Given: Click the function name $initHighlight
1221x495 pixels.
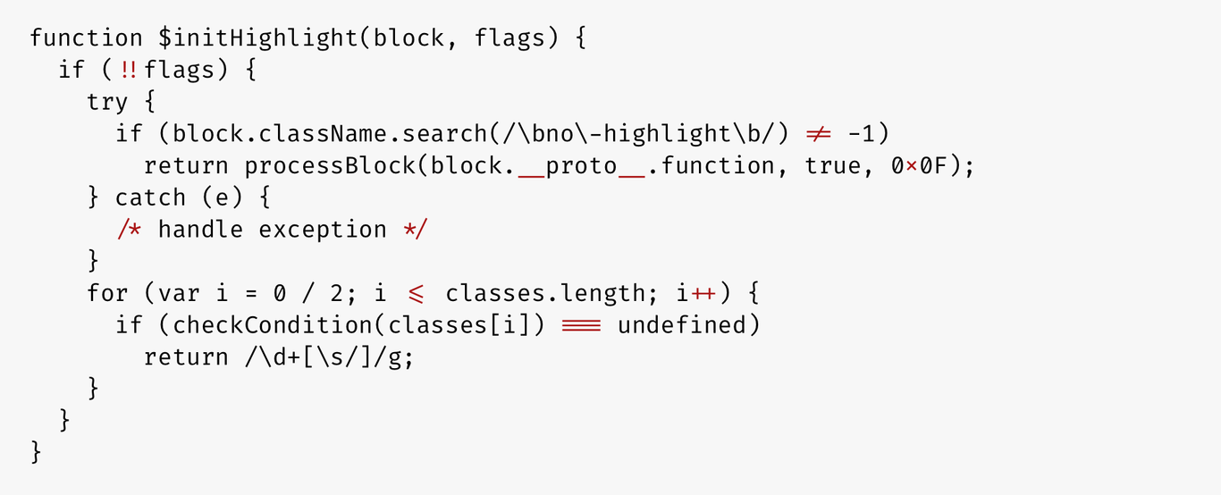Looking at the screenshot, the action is (x=257, y=38).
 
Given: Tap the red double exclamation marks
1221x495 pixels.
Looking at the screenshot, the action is (x=129, y=70).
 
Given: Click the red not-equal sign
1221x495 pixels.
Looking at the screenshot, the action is (x=818, y=134).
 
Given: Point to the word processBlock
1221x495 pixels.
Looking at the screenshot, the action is (x=329, y=165).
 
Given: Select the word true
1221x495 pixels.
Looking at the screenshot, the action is (x=832, y=165).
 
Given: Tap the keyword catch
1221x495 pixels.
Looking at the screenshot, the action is (x=150, y=197).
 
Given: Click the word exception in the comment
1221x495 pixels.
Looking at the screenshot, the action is (x=322, y=230).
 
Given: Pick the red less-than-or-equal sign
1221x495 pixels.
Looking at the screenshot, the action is (x=416, y=294).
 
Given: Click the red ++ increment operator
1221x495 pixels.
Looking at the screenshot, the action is (x=703, y=294).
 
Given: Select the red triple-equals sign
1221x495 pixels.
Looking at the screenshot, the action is (x=581, y=325).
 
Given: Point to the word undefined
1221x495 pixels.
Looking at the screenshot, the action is (x=682, y=325).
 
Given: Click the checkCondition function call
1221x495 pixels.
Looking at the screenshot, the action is (x=272, y=325).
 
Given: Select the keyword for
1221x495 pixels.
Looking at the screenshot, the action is (x=107, y=293).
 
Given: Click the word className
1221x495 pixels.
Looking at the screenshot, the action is (x=322, y=134).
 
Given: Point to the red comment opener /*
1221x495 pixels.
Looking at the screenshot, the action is (x=130, y=229).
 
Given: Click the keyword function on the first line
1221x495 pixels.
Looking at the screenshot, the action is (x=86, y=38).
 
